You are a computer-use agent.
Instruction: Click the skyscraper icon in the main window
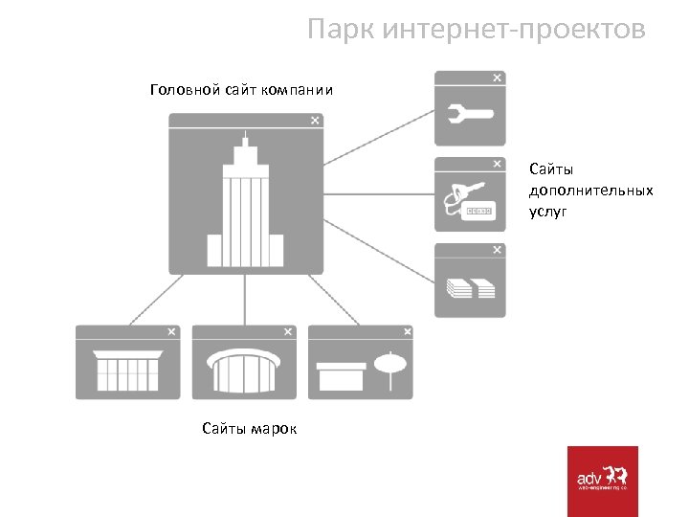click(x=246, y=206)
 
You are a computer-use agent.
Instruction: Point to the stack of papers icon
click(x=470, y=288)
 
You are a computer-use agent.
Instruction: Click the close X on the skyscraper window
click(x=315, y=121)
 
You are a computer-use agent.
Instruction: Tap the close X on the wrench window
click(x=496, y=78)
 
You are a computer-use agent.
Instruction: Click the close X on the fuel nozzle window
click(x=496, y=164)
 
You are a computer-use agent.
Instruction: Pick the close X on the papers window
click(x=496, y=250)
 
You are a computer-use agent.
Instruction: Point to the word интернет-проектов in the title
click(x=513, y=30)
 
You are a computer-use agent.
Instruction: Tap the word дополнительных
click(x=590, y=190)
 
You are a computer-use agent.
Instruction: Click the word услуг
click(x=547, y=211)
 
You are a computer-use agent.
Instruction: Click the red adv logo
click(x=602, y=481)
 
